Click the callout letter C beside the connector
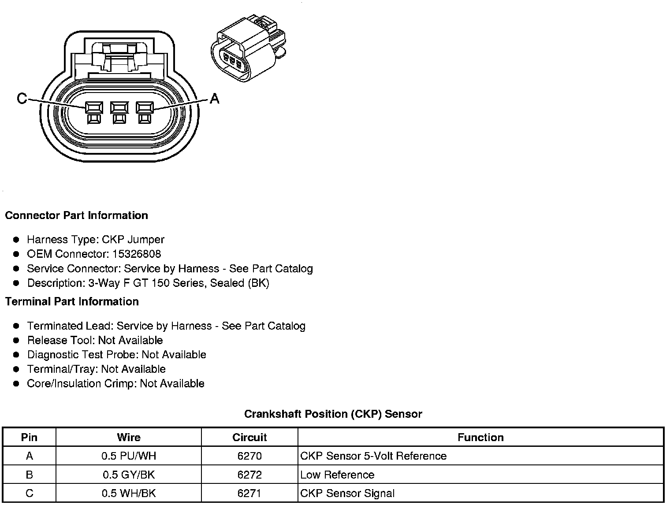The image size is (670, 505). coord(22,98)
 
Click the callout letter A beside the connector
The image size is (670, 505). coord(214,98)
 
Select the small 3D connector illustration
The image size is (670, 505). coord(249,49)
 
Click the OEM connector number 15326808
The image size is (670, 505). coord(137,254)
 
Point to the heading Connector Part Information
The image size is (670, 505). coord(76,215)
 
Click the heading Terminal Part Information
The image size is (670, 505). coord(72,302)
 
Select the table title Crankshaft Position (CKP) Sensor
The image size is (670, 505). coord(333,414)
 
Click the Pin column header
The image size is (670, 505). coord(29,438)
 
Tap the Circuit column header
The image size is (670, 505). coord(249,438)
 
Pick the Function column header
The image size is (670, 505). coord(480,438)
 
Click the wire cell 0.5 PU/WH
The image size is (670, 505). coord(129,456)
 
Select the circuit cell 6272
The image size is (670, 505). coord(249,475)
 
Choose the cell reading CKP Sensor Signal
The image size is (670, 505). coord(347,494)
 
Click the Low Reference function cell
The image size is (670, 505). coord(337,475)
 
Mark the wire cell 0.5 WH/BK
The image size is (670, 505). coord(129,494)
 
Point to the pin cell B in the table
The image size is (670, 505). coord(29,475)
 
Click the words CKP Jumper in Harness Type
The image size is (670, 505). coord(133,240)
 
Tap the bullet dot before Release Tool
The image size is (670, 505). coord(17,341)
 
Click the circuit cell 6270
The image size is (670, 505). coord(249,456)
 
